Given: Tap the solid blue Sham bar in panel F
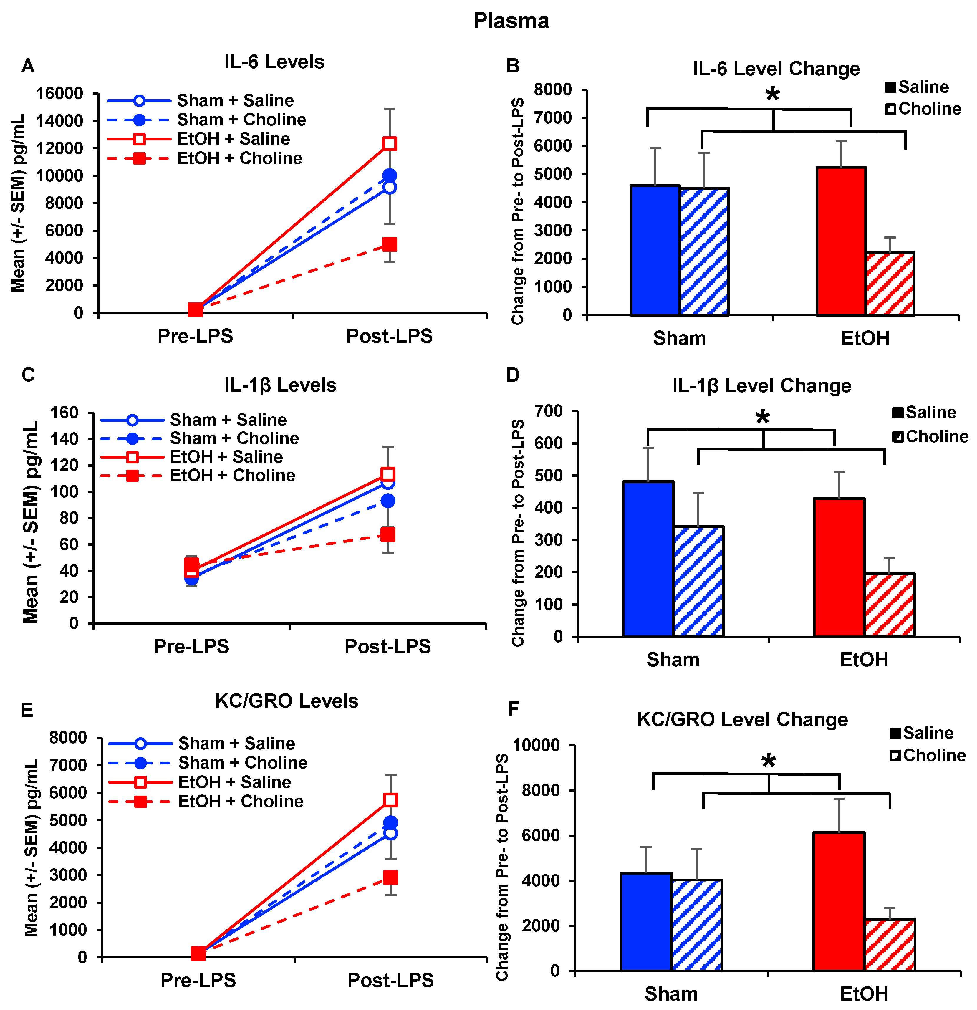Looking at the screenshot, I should (x=646, y=922).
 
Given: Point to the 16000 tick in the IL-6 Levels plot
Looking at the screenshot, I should (x=59, y=94).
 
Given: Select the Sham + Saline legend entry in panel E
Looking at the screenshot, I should (x=236, y=744).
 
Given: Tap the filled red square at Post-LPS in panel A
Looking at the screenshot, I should (x=390, y=244).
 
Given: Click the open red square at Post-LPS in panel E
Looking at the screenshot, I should (x=390, y=800).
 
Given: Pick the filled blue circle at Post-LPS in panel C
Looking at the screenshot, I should (x=388, y=501).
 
